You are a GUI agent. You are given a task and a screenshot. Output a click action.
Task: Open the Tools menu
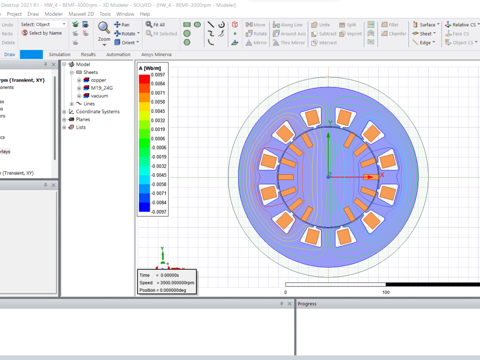click(105, 14)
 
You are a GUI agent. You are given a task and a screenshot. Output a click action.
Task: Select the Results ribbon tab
click(88, 55)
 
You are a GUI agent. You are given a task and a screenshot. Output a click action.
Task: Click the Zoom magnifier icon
click(104, 27)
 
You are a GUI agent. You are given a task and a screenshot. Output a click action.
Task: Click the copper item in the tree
click(98, 80)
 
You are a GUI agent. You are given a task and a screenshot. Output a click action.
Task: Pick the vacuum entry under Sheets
click(99, 96)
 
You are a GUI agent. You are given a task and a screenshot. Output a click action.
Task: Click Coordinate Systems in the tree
click(97, 111)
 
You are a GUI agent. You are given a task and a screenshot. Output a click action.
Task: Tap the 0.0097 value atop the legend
click(158, 75)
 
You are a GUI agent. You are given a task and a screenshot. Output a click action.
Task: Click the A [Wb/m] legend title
click(149, 68)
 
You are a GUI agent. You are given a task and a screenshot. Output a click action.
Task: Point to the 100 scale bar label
click(385, 292)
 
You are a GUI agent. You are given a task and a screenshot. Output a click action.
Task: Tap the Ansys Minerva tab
click(156, 55)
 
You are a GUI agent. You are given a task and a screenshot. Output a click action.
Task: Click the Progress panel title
click(307, 304)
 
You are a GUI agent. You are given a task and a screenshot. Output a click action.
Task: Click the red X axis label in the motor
click(382, 175)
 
